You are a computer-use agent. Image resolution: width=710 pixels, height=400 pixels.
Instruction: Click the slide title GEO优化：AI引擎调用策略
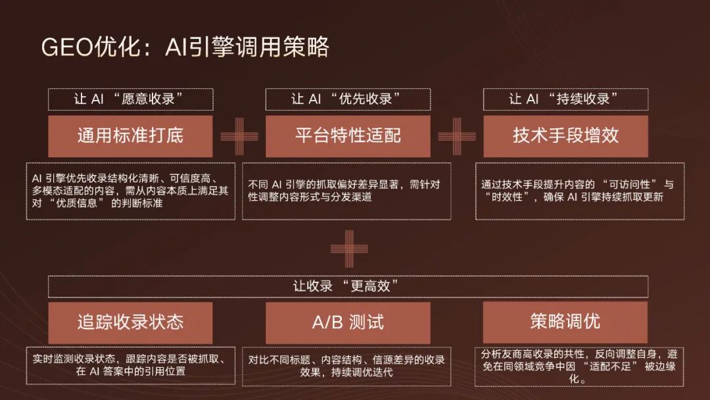185,47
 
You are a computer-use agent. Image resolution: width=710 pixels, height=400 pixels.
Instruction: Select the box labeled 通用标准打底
130,136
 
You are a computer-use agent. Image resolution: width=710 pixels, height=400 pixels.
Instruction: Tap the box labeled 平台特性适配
348,136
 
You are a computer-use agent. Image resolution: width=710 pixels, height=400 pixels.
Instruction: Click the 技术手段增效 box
565,136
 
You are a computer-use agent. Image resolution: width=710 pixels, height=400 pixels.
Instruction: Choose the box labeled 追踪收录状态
130,322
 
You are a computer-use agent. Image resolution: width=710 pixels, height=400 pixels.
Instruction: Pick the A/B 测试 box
348,322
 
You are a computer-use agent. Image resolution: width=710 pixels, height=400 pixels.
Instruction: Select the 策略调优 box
565,322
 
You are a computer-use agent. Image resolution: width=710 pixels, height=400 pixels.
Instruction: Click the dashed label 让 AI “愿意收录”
130,99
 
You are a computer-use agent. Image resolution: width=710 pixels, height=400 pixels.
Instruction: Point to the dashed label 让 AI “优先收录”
348,99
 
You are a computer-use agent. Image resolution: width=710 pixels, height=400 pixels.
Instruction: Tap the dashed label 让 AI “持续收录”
565,99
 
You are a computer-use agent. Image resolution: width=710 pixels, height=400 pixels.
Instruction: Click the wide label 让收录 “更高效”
348,286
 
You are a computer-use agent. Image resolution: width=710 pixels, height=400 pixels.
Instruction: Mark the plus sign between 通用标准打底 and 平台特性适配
239,136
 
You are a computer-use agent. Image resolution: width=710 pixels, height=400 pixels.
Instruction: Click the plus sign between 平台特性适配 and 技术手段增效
457,136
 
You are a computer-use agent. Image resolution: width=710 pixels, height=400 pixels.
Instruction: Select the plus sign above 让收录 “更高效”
349,248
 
